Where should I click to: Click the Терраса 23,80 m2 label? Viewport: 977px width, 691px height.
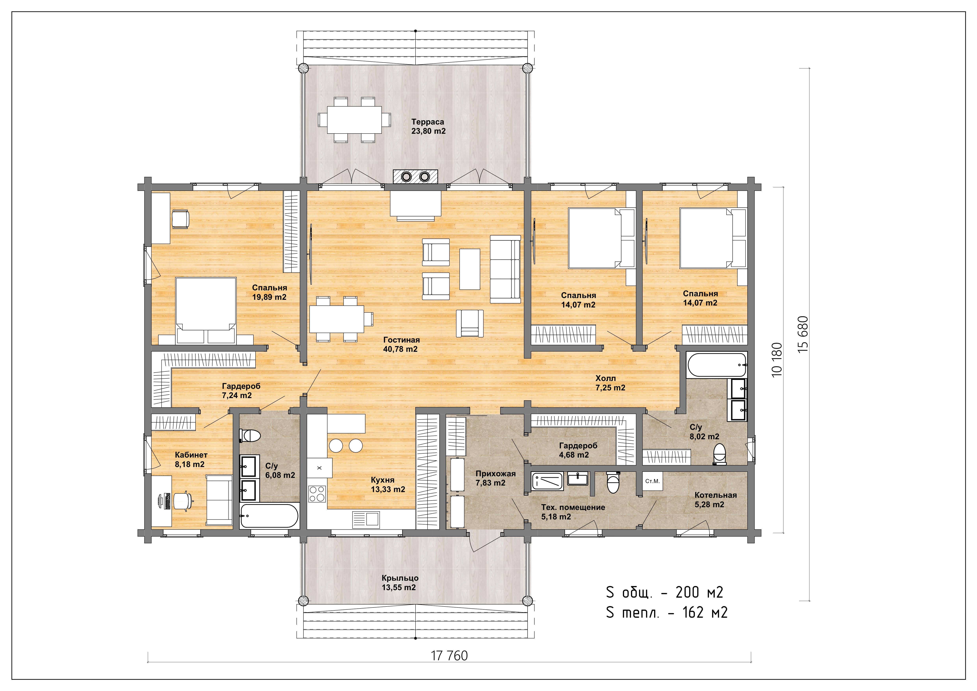(x=428, y=126)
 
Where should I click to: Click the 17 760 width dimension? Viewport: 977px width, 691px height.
(x=449, y=656)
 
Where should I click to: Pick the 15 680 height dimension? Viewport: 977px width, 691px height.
(x=803, y=334)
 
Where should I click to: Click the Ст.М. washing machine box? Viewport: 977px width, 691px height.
(x=652, y=481)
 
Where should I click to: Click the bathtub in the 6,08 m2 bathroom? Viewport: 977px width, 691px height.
(x=269, y=516)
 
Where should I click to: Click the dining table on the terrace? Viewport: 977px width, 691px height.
(x=354, y=120)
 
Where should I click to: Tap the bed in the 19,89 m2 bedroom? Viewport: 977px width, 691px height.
(x=206, y=311)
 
